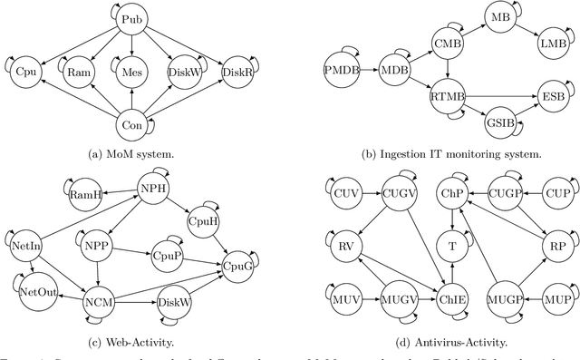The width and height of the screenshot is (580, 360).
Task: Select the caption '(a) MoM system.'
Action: tap(132, 155)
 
